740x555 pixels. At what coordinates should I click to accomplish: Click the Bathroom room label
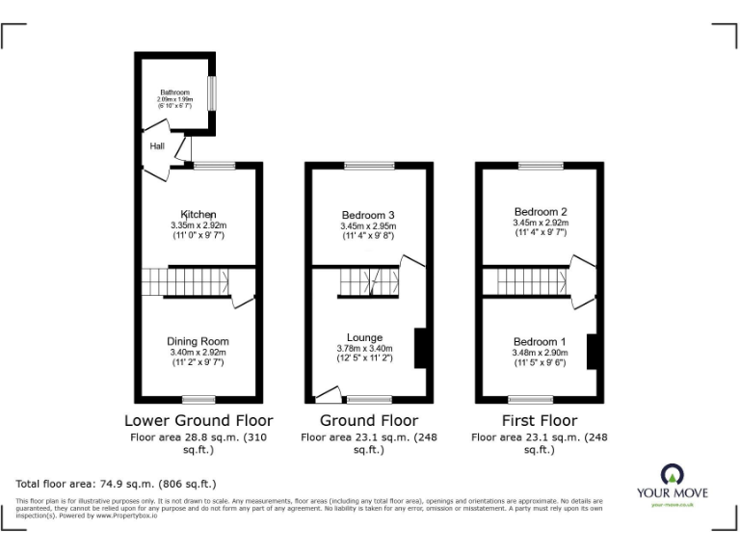point(175,92)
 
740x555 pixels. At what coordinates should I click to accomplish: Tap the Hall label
point(157,145)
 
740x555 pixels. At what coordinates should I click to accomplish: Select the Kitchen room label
point(198,214)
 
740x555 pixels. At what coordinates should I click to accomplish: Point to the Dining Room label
point(198,341)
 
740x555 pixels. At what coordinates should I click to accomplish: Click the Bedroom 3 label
point(368,215)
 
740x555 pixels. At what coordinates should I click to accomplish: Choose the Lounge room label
point(368,337)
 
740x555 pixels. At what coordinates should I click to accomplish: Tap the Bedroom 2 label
point(540,211)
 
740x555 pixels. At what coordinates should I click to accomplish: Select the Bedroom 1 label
point(540,342)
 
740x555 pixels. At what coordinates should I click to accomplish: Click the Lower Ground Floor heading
point(198,420)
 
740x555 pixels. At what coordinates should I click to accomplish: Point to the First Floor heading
point(540,420)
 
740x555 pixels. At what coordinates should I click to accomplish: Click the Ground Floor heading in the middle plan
point(369,420)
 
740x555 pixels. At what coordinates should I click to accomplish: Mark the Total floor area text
point(116,483)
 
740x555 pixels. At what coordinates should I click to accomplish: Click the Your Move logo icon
point(673,473)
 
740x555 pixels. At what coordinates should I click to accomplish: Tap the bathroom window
point(213,92)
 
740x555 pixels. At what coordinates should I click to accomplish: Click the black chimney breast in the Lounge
point(421,348)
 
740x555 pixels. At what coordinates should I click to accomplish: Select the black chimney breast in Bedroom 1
point(594,351)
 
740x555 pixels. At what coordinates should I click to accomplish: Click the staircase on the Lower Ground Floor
point(185,281)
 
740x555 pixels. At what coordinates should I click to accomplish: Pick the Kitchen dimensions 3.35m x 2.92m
point(198,225)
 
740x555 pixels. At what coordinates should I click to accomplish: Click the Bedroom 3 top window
point(368,166)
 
